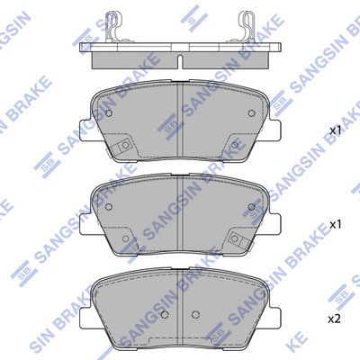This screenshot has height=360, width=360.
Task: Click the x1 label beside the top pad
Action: click(x=336, y=131)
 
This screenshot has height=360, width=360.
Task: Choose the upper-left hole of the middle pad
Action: click(x=109, y=205)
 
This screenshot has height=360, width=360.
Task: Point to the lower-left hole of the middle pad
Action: click(x=126, y=235)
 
